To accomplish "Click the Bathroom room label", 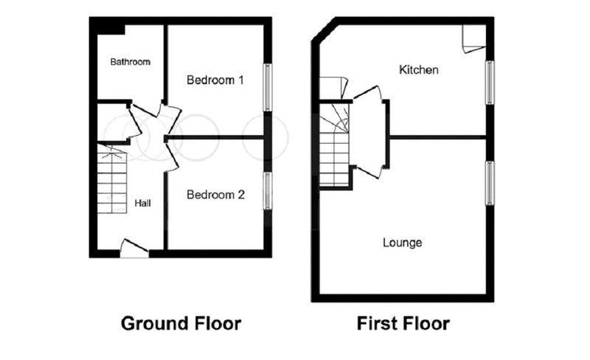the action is pyautogui.click(x=131, y=62).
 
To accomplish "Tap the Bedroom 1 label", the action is pyautogui.click(x=215, y=80).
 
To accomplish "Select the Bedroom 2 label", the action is pyautogui.click(x=215, y=195).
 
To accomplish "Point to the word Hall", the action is pyautogui.click(x=142, y=204).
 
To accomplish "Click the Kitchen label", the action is pyautogui.click(x=418, y=69).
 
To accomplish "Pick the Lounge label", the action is pyautogui.click(x=402, y=243).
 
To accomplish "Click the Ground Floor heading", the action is pyautogui.click(x=181, y=323).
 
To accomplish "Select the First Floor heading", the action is pyautogui.click(x=403, y=323).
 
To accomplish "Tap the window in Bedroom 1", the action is pyautogui.click(x=267, y=87).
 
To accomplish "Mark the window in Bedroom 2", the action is pyautogui.click(x=267, y=191).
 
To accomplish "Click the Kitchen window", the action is pyautogui.click(x=490, y=83).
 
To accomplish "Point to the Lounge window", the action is pyautogui.click(x=490, y=183).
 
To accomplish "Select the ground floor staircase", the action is pyautogui.click(x=112, y=178).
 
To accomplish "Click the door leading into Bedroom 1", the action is pyautogui.click(x=170, y=116).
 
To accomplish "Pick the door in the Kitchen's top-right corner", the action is pyautogui.click(x=473, y=39).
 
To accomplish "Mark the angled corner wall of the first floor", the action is pyautogui.click(x=324, y=30).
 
